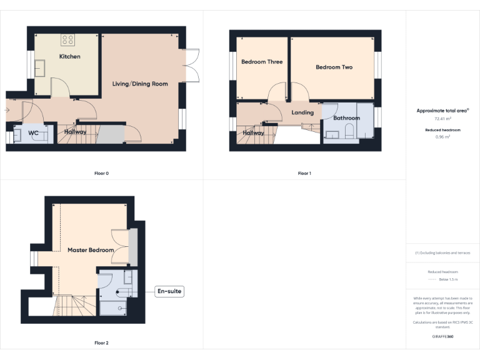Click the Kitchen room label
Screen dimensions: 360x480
pos(69,57)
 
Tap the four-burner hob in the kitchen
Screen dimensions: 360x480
pos(67,40)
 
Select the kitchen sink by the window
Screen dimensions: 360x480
pos(41,67)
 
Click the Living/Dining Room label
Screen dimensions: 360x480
pos(140,84)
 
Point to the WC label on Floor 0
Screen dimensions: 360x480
pos(34,133)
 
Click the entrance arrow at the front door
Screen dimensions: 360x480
pos(7,111)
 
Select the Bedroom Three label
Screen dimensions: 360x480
pos(262,62)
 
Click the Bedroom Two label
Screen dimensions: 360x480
pos(334,67)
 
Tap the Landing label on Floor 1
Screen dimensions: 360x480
pos(302,112)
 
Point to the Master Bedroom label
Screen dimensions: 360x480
pos(91,250)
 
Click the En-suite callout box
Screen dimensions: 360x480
pos(169,291)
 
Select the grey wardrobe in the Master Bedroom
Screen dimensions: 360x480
pos(132,247)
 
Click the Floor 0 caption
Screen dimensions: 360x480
pos(101,173)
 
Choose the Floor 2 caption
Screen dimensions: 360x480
pos(101,343)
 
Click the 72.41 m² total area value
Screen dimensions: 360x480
pos(442,118)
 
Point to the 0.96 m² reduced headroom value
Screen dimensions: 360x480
pos(442,136)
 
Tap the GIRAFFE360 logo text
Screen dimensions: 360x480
pos(442,337)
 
